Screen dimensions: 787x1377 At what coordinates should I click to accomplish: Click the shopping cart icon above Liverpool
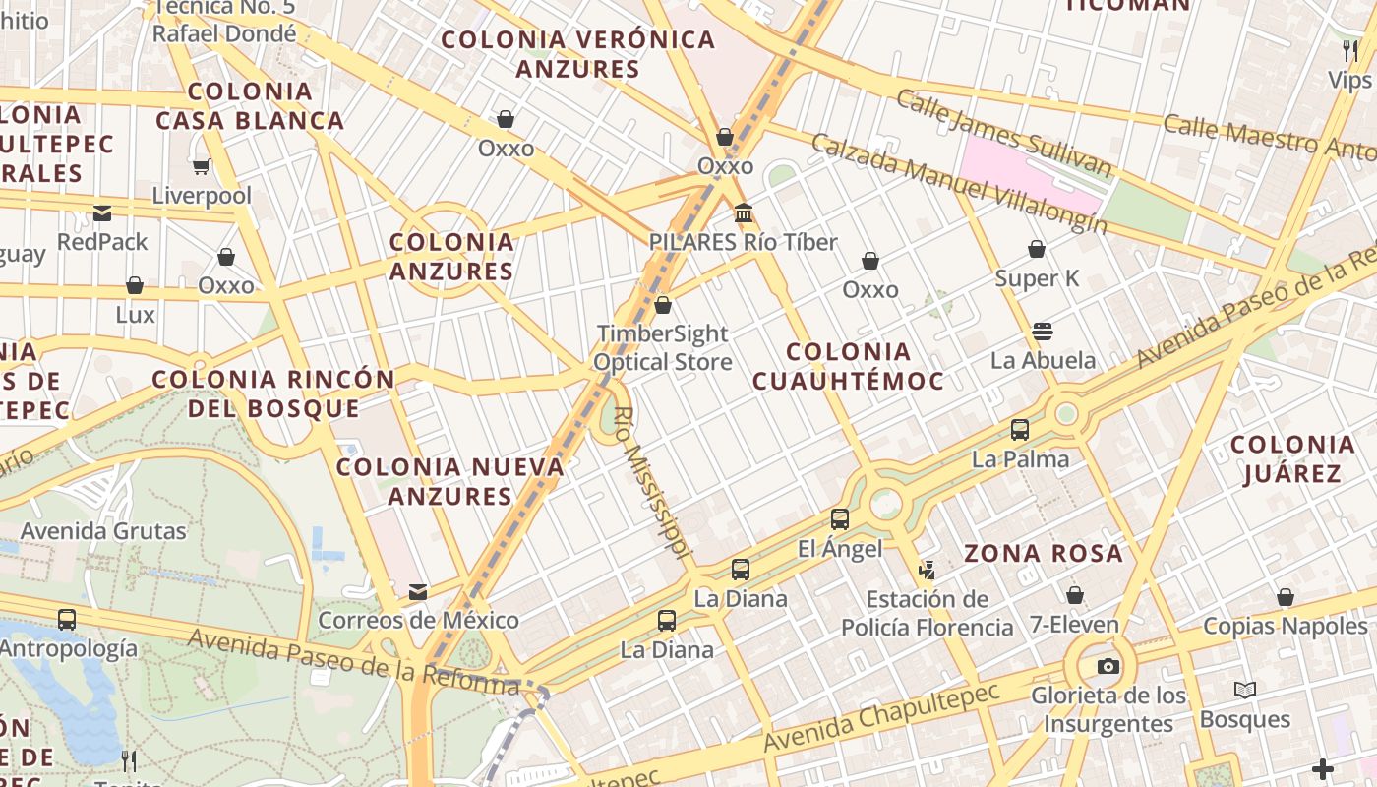click(x=202, y=167)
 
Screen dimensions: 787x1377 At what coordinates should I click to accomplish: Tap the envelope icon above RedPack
click(x=102, y=213)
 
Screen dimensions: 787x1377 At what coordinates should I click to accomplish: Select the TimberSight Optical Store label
click(x=663, y=348)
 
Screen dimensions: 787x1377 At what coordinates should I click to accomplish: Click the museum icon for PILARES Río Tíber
click(x=744, y=213)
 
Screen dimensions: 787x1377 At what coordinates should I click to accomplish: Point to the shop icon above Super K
click(x=1037, y=250)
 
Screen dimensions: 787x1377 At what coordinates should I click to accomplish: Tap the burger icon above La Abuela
click(x=1043, y=332)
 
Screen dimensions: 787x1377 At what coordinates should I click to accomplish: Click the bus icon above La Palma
click(x=1020, y=430)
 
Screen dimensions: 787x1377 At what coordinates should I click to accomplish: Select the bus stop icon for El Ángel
click(x=839, y=519)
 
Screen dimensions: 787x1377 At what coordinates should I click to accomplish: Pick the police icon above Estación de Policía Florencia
click(x=927, y=569)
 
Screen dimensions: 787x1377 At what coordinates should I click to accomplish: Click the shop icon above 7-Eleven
click(x=1075, y=595)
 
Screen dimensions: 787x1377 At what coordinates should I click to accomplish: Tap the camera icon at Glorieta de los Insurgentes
click(x=1108, y=667)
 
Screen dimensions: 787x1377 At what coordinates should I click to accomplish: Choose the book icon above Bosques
click(x=1245, y=691)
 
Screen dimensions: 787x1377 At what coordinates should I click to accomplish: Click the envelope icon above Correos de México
click(x=418, y=591)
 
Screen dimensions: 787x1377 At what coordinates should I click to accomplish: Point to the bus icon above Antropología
click(x=67, y=620)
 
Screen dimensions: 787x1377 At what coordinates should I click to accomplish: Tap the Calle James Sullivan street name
click(x=1003, y=134)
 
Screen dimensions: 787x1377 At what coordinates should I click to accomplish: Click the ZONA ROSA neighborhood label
click(x=1044, y=553)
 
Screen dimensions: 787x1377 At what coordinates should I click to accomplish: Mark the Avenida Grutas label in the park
click(x=103, y=531)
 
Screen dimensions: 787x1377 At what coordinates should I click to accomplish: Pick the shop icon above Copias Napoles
click(x=1285, y=597)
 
